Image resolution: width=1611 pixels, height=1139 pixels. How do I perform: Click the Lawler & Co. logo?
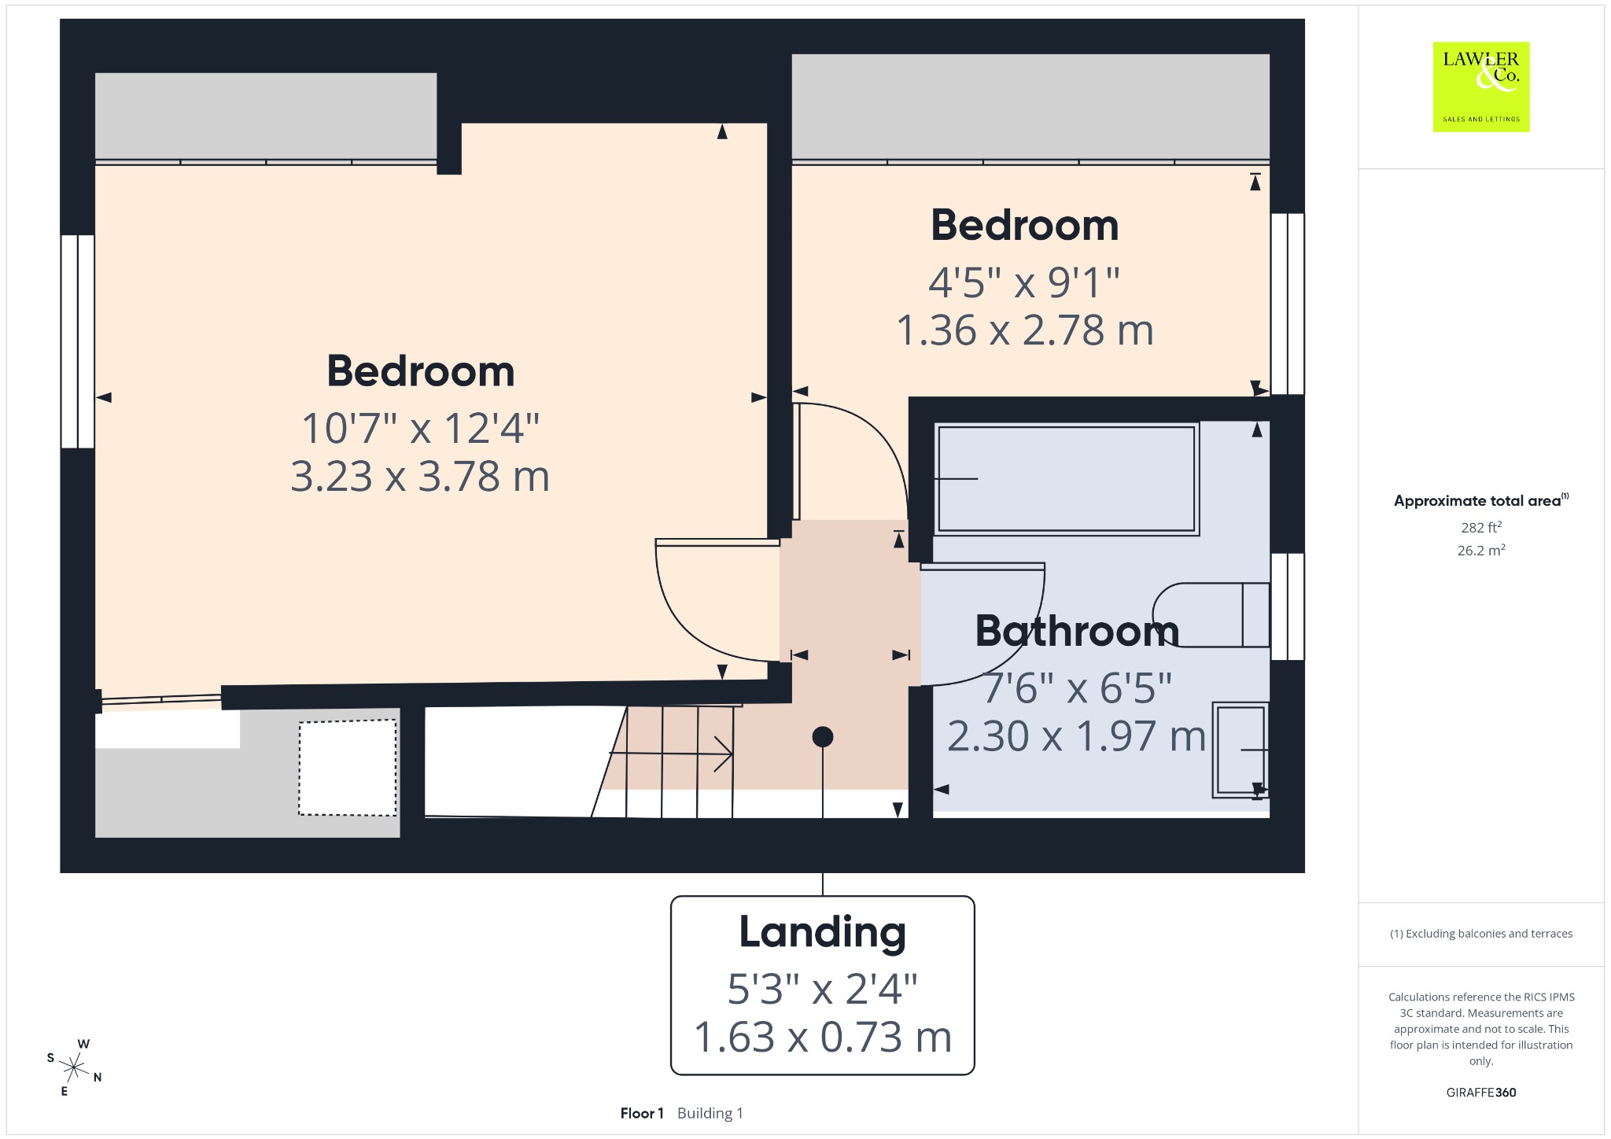pyautogui.click(x=1481, y=87)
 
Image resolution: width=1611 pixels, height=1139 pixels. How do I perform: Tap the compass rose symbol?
pyautogui.click(x=74, y=1067)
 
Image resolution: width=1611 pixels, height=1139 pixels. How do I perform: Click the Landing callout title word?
pyautogui.click(x=823, y=933)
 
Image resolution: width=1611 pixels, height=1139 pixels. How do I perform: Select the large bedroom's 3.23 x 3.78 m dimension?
pyautogui.click(x=420, y=477)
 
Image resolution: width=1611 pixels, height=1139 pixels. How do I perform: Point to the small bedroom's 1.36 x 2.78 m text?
pyautogui.click(x=1025, y=330)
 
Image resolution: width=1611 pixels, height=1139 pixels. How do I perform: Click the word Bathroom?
pyautogui.click(x=1077, y=631)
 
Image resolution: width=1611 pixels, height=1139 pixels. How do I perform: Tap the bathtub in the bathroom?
pyautogui.click(x=1067, y=479)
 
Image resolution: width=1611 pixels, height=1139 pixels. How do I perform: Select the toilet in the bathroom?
pyautogui.click(x=1211, y=615)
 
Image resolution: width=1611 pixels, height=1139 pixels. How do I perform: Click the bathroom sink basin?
pyautogui.click(x=1241, y=750)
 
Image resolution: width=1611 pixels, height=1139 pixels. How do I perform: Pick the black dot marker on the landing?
pyautogui.click(x=823, y=737)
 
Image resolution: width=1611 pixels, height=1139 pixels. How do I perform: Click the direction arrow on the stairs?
pyautogui.click(x=671, y=754)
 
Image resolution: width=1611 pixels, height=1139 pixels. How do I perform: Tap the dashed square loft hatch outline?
pyautogui.click(x=348, y=768)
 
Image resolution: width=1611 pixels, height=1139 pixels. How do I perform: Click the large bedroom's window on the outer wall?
pyautogui.click(x=78, y=341)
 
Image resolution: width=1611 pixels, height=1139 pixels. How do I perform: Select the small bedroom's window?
pyautogui.click(x=1288, y=304)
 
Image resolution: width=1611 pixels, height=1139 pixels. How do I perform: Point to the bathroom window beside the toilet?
pyautogui.click(x=1288, y=606)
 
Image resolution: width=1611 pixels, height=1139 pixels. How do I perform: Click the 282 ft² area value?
pyautogui.click(x=1481, y=527)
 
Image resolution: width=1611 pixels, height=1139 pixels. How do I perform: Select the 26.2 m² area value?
pyautogui.click(x=1481, y=550)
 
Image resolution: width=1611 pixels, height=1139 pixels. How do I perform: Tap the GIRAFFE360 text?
pyautogui.click(x=1481, y=1092)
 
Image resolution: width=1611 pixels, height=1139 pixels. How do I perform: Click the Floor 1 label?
pyautogui.click(x=642, y=1113)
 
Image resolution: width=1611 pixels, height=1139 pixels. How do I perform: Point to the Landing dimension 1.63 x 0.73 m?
pyautogui.click(x=823, y=1037)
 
